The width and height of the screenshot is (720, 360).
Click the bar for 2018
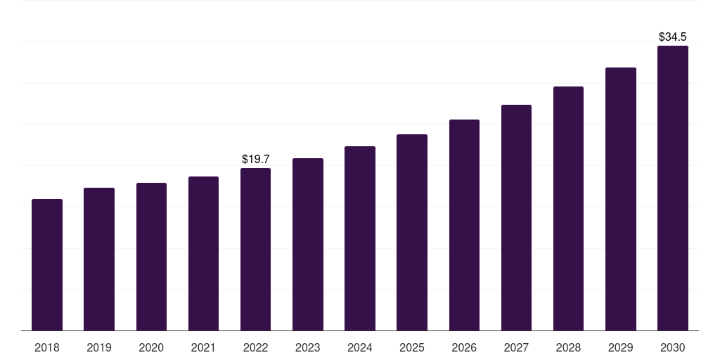click(47, 265)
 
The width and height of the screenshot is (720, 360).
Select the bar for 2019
click(99, 259)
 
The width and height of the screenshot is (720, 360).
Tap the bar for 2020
click(151, 257)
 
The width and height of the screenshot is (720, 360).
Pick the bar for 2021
click(203, 254)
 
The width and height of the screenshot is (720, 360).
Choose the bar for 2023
click(308, 245)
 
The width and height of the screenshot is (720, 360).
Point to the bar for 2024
click(360, 238)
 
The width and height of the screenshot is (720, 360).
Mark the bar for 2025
click(412, 233)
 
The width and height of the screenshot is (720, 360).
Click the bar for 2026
click(464, 225)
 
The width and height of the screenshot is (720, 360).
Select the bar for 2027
click(516, 218)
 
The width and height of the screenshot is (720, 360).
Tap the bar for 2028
click(568, 209)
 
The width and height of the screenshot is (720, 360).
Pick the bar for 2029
click(621, 199)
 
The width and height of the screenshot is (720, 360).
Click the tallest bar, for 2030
click(673, 188)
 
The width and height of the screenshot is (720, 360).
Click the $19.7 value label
click(256, 160)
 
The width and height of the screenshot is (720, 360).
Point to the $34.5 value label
click(673, 37)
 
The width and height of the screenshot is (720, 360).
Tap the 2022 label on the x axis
click(256, 348)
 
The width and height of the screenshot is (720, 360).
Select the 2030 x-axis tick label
click(673, 348)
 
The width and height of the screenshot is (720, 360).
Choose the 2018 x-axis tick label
click(47, 348)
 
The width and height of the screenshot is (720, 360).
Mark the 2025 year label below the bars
click(412, 348)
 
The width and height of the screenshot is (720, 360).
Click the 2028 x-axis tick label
click(568, 348)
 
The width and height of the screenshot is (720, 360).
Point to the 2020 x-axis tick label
click(151, 348)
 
